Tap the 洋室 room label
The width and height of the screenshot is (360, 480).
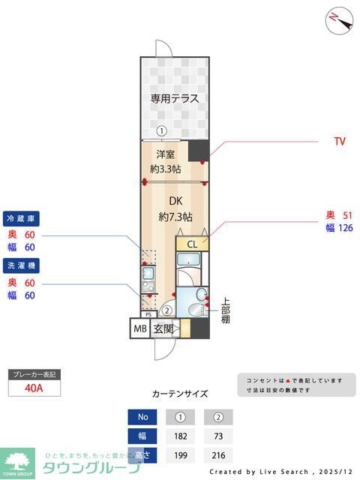point(165,155)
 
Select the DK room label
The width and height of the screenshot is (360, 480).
point(175,201)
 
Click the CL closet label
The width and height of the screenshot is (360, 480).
point(192,244)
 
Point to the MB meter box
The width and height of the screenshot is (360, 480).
point(140,328)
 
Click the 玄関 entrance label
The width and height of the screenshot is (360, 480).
point(163,328)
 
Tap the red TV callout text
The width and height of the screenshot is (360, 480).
point(340,141)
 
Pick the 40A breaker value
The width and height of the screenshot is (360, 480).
point(34,388)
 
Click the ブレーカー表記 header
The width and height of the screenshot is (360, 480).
point(34,373)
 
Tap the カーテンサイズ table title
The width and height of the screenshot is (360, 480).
point(180,393)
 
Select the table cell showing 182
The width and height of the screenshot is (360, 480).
point(180,436)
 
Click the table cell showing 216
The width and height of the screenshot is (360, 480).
point(218,454)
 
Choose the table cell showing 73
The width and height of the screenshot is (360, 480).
point(218,436)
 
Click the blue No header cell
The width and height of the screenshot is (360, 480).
point(142,417)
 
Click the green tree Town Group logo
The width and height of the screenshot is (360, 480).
point(18,461)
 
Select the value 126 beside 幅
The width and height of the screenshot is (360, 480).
point(344,228)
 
